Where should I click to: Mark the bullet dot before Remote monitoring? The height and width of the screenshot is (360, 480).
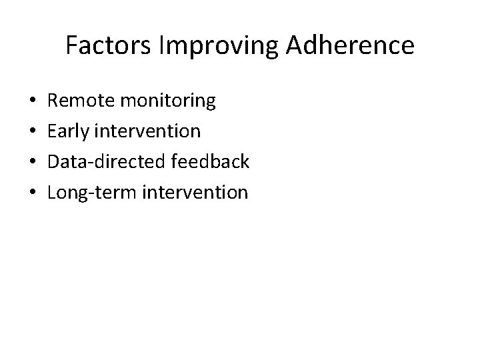pyautogui.click(x=33, y=102)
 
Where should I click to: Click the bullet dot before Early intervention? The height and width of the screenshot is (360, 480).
pyautogui.click(x=33, y=133)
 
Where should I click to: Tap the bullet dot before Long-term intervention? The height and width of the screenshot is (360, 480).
pyautogui.click(x=33, y=194)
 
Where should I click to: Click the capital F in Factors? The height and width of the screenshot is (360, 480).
pyautogui.click(x=71, y=45)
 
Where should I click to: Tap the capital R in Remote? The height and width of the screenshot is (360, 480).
pyautogui.click(x=55, y=101)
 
